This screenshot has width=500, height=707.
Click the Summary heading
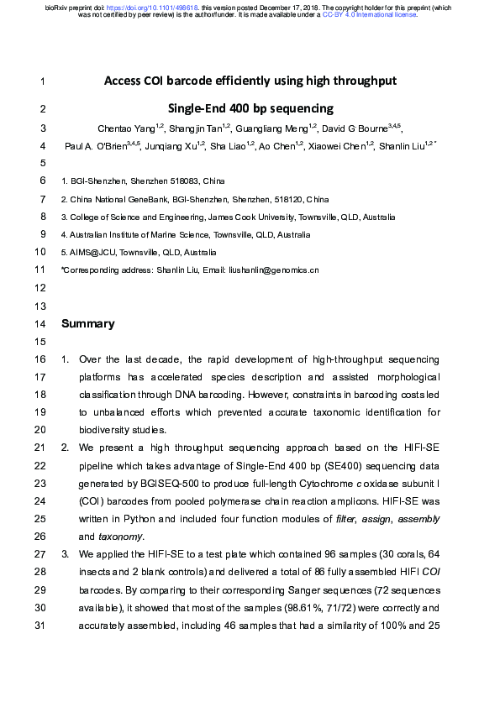(88, 323)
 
